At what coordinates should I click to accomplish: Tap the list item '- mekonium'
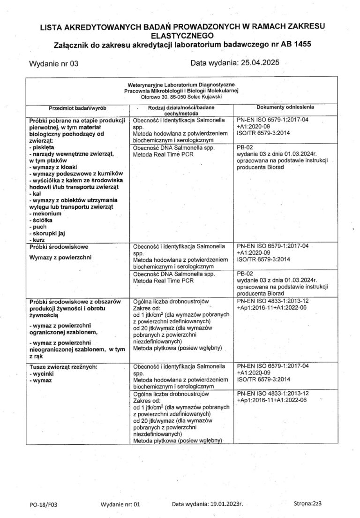click(x=46, y=213)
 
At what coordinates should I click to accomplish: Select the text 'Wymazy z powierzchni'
click(x=60, y=258)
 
